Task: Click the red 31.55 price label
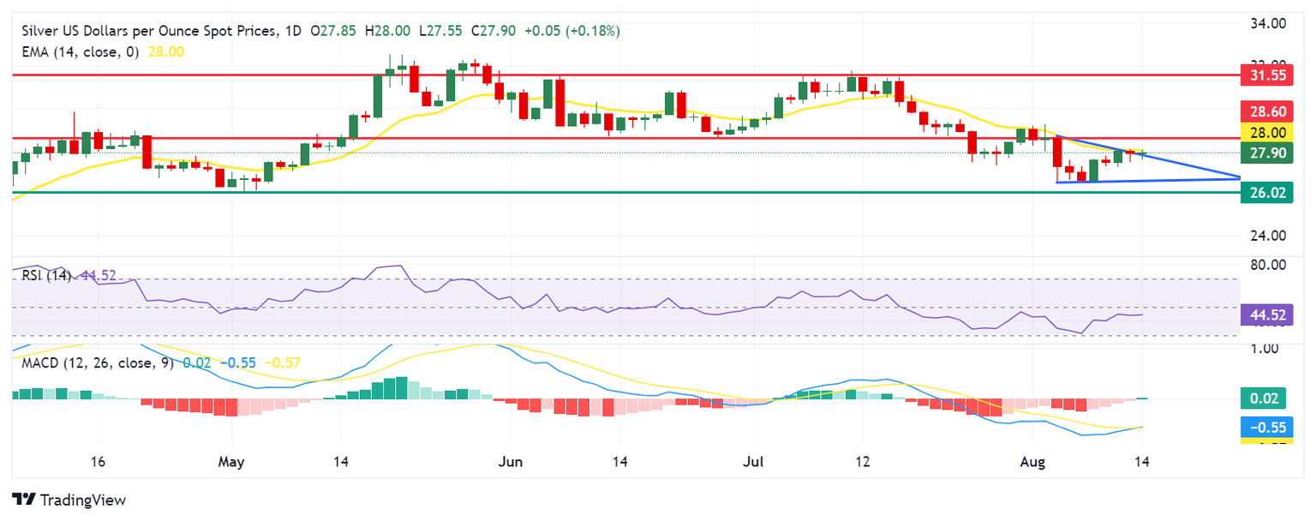click(x=1266, y=75)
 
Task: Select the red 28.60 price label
click(x=1266, y=111)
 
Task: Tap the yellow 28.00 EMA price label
click(x=1266, y=132)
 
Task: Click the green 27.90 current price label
click(x=1266, y=153)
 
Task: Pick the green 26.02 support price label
click(x=1266, y=193)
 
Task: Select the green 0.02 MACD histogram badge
click(x=1266, y=398)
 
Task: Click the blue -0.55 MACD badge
click(x=1266, y=426)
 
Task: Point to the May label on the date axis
click(x=231, y=462)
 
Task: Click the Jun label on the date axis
click(x=510, y=462)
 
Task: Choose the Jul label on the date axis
click(x=755, y=462)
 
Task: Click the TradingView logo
click(x=69, y=500)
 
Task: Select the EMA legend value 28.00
click(x=166, y=51)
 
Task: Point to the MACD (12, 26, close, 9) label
click(x=96, y=363)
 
